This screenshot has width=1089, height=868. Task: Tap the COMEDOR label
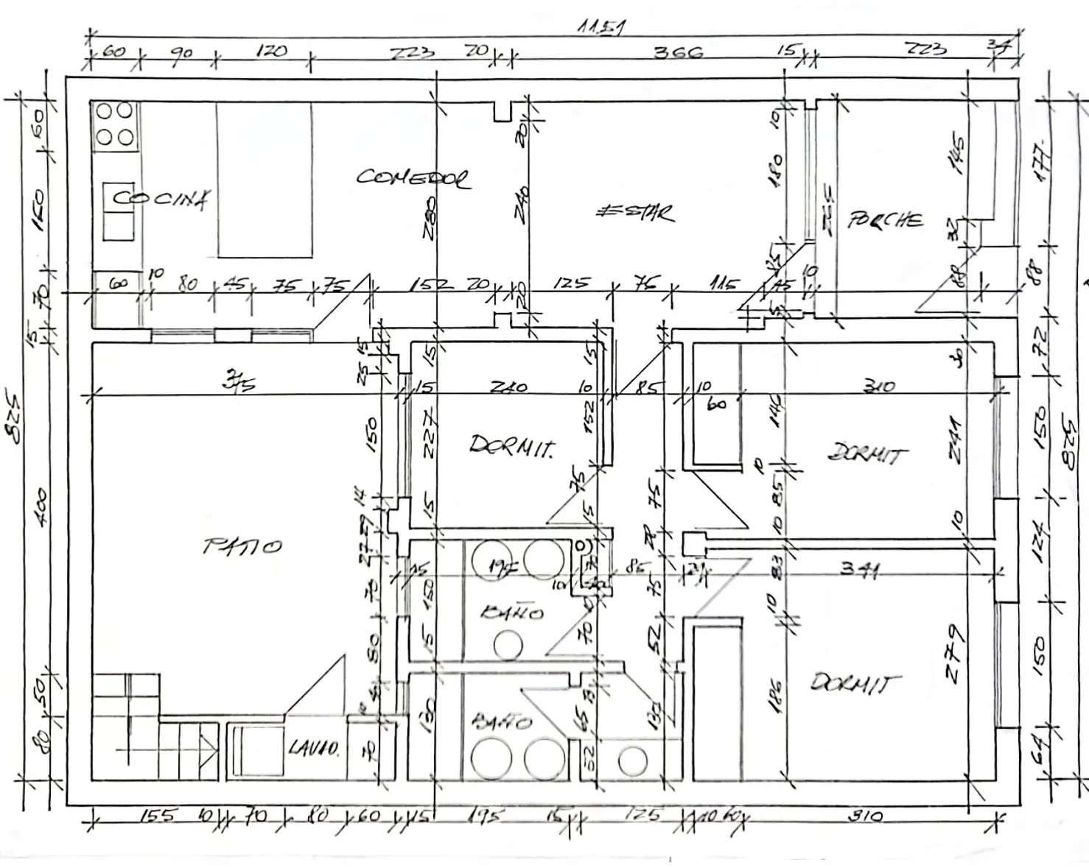click(x=413, y=178)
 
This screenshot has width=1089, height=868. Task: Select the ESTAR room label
click(x=634, y=212)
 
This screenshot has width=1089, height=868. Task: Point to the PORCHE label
click(x=885, y=219)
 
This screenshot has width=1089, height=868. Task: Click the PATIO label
click(x=242, y=546)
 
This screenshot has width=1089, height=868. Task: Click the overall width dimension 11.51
click(x=601, y=28)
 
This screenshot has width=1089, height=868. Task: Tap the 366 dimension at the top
click(x=679, y=52)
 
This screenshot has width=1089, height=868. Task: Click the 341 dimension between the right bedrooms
click(x=858, y=568)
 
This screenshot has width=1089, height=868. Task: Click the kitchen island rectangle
click(x=264, y=180)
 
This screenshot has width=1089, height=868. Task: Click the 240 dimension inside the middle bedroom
click(x=508, y=385)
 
